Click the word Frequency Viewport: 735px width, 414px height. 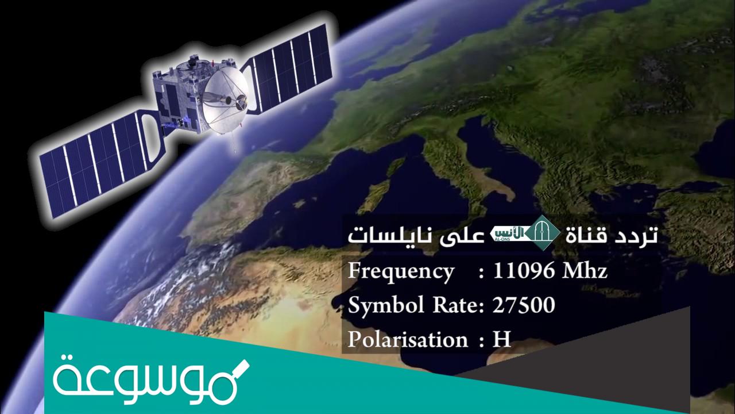pyautogui.click(x=400, y=271)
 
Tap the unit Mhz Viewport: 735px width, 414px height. pyautogui.click(x=585, y=271)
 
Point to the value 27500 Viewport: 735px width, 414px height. pyautogui.click(x=524, y=306)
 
